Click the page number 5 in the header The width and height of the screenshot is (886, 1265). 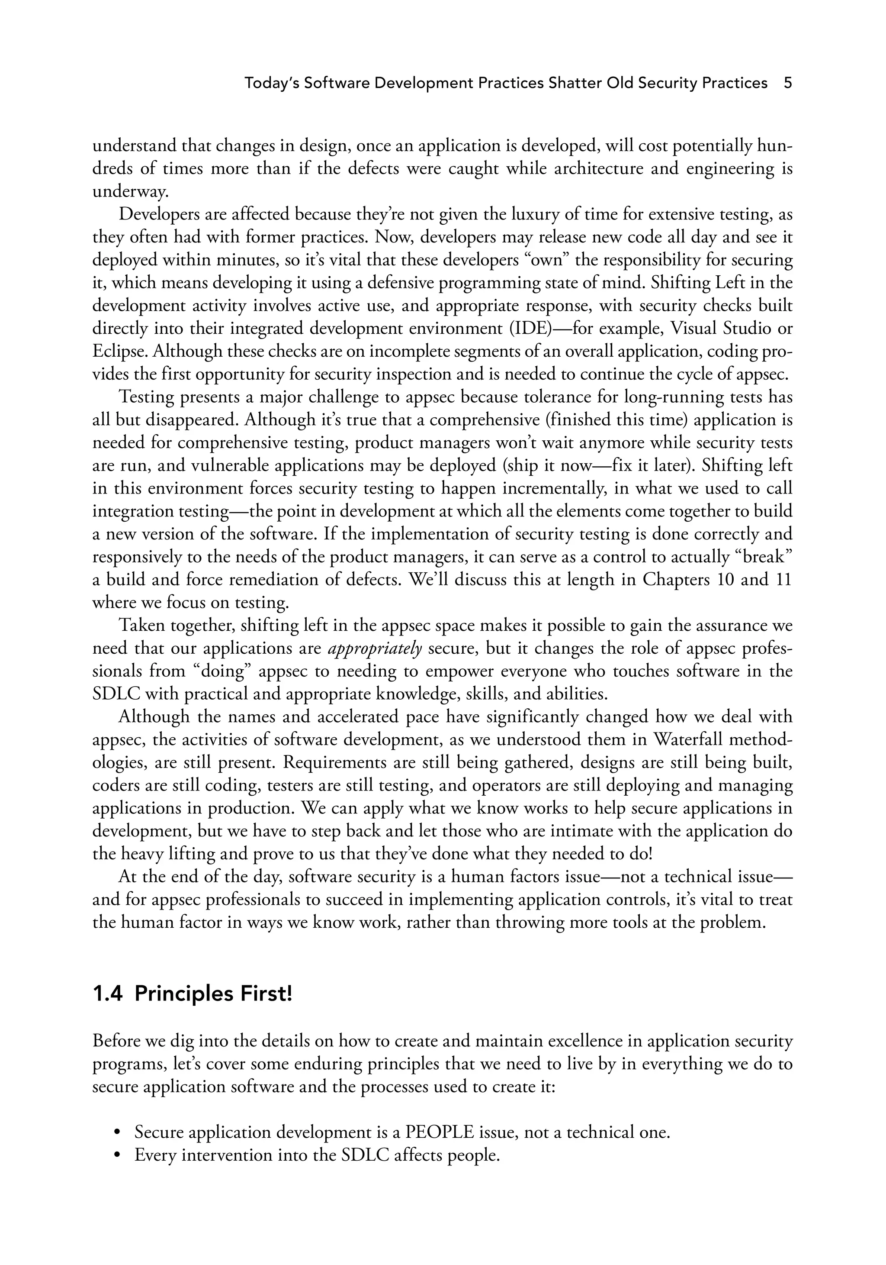click(x=787, y=83)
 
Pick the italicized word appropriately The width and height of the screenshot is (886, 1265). click(x=375, y=649)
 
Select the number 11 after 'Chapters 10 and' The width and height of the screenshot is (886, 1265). click(x=783, y=580)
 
